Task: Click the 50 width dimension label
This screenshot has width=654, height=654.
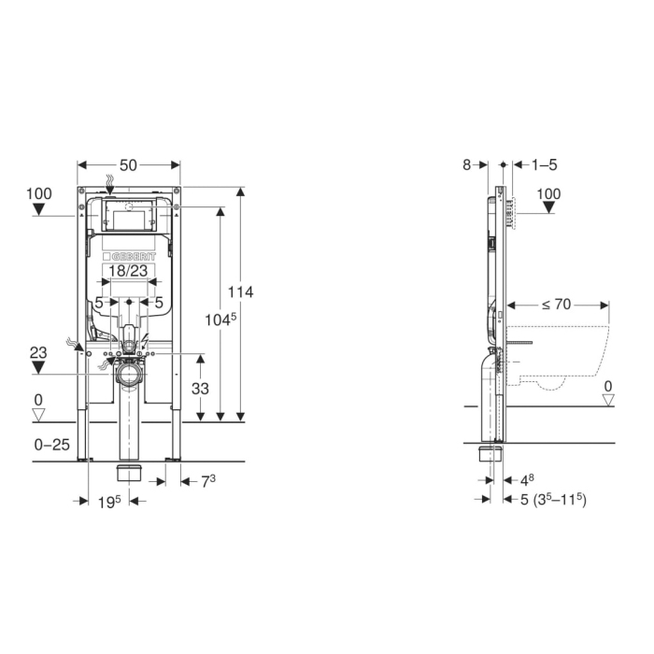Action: click(128, 165)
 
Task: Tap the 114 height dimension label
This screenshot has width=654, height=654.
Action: click(240, 291)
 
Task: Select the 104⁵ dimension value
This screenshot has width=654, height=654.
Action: click(220, 320)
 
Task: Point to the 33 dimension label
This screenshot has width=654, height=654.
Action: click(200, 389)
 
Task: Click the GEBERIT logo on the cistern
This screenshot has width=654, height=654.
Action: click(129, 257)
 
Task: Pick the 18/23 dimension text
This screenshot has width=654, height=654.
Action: click(128, 271)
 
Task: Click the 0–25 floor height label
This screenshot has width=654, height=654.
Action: click(51, 445)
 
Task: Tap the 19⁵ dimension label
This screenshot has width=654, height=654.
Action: click(109, 502)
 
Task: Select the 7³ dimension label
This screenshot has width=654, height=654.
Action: click(208, 481)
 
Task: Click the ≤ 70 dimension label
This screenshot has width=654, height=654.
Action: click(557, 305)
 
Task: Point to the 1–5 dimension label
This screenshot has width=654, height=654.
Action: click(545, 165)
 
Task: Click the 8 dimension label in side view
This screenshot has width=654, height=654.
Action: click(467, 165)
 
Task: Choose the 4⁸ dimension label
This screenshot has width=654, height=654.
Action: click(527, 480)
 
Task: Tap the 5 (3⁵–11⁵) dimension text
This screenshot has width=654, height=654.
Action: click(553, 499)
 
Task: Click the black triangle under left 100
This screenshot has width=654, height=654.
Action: click(39, 209)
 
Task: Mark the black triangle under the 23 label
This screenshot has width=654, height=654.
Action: click(38, 367)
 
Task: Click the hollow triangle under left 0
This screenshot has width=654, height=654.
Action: click(38, 415)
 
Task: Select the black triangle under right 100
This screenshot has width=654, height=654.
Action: click(549, 207)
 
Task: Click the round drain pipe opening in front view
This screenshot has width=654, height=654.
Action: click(129, 374)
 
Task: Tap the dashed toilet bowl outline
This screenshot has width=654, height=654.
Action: click(558, 358)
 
